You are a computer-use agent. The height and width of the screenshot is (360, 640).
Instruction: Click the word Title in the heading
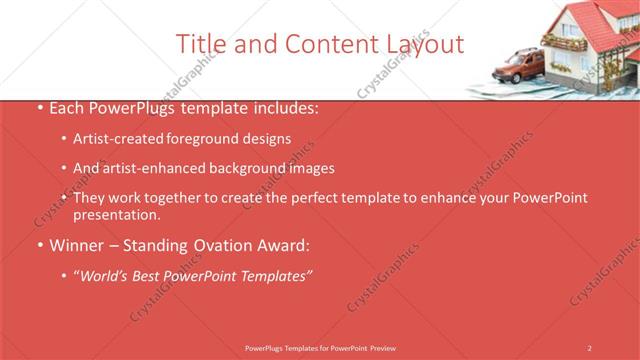point(198,44)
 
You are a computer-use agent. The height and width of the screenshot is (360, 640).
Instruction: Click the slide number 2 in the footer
point(590,347)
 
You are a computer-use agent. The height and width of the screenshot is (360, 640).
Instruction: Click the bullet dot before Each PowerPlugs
point(39,107)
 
